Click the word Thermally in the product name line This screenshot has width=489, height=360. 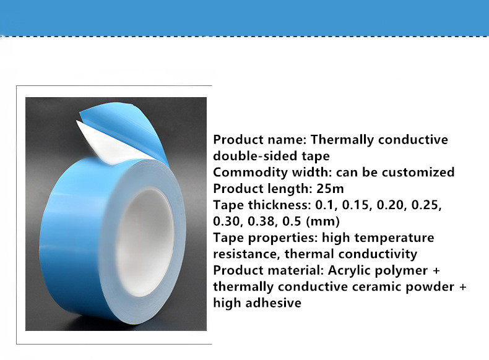pos(342,140)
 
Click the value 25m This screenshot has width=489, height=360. pos(331,189)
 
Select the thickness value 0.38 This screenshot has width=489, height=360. pos(261,221)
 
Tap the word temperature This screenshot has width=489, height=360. pos(394,238)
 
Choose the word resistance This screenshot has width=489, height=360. pos(246,254)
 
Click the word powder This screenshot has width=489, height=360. pos(430,287)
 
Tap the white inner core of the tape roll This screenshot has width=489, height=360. pos(144,242)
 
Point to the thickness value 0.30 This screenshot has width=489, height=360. pos(227,221)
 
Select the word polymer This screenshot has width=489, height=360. pos(401,270)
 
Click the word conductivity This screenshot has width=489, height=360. pos(378,254)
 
